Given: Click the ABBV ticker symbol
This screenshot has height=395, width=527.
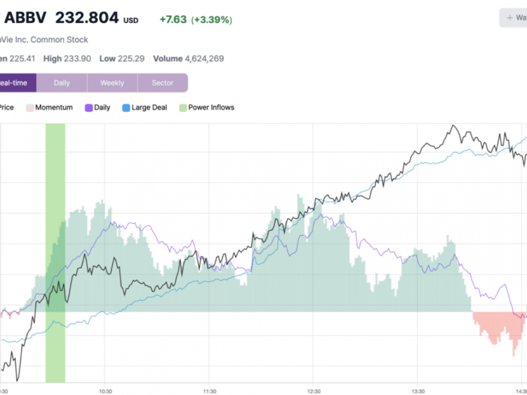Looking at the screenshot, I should pyautogui.click(x=25, y=18).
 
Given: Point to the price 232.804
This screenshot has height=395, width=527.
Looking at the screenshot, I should pyautogui.click(x=86, y=18).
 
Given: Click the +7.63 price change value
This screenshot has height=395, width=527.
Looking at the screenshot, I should pyautogui.click(x=173, y=20).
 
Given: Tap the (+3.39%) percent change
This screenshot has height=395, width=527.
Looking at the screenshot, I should pyautogui.click(x=212, y=20).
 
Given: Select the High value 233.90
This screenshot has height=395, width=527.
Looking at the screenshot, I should pyautogui.click(x=77, y=59).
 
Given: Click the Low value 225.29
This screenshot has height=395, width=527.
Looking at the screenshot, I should pyautogui.click(x=130, y=59).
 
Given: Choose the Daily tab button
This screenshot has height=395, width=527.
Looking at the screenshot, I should pyautogui.click(x=62, y=83).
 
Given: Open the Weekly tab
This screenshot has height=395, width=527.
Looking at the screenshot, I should pyautogui.click(x=112, y=83).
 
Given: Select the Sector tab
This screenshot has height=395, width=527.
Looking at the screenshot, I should pyautogui.click(x=163, y=83).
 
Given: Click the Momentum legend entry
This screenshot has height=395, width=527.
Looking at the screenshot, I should pyautogui.click(x=54, y=107).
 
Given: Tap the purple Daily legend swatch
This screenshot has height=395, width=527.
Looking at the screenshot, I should pyautogui.click(x=89, y=108).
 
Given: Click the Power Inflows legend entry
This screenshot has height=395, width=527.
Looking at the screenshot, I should pyautogui.click(x=211, y=107).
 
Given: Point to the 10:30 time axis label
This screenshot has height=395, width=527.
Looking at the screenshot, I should pyautogui.click(x=105, y=390).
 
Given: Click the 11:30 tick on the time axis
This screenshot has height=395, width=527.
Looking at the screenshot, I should pyautogui.click(x=209, y=390).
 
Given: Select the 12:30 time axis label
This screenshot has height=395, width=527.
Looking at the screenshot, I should pyautogui.click(x=313, y=390).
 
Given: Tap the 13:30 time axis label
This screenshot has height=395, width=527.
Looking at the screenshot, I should pyautogui.click(x=418, y=390).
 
